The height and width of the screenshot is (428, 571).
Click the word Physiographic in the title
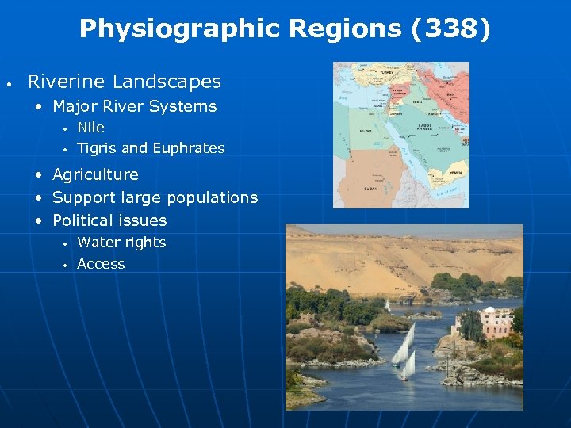(x=180, y=29)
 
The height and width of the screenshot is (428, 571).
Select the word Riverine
(x=67, y=82)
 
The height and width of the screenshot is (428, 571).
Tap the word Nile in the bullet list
(x=90, y=128)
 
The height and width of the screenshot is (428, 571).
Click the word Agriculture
(x=95, y=174)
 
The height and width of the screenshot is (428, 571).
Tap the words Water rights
(x=121, y=243)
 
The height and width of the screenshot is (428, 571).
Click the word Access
(x=101, y=264)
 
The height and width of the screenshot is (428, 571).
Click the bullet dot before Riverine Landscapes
(x=7, y=82)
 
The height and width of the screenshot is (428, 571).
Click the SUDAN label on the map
(x=370, y=189)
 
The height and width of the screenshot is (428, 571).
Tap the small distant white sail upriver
(x=387, y=305)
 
